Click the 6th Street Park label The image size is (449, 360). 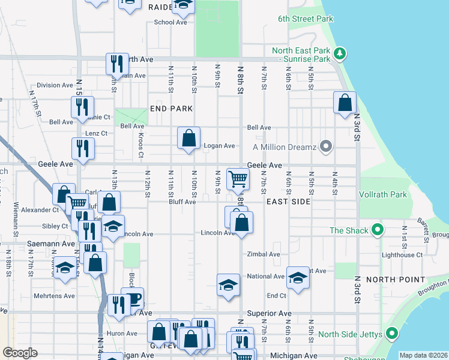pyautogui.click(x=305, y=19)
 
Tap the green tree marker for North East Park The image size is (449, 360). pyautogui.click(x=340, y=54)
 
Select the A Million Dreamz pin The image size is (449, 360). pyautogui.click(x=326, y=146)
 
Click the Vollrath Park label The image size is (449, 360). pyautogui.click(x=383, y=194)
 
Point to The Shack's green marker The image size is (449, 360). pyautogui.click(x=377, y=230)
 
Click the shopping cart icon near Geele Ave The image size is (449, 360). pyautogui.click(x=238, y=178)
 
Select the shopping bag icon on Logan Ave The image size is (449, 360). pyautogui.click(x=188, y=138)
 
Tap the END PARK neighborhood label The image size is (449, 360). pyautogui.click(x=171, y=109)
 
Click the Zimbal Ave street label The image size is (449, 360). pyautogui.click(x=264, y=254)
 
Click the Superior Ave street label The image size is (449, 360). pyautogui.click(x=269, y=313)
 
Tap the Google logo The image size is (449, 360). pyautogui.click(x=20, y=353)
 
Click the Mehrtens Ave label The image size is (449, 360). pyautogui.click(x=54, y=296)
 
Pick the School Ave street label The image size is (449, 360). pyautogui.click(x=170, y=22)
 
